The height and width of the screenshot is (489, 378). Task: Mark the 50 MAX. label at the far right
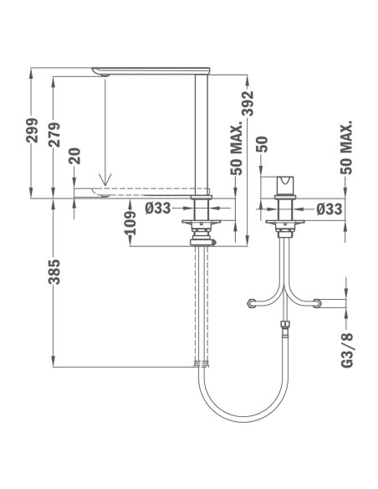[347, 147]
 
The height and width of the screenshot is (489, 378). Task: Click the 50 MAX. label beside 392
[236, 148]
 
